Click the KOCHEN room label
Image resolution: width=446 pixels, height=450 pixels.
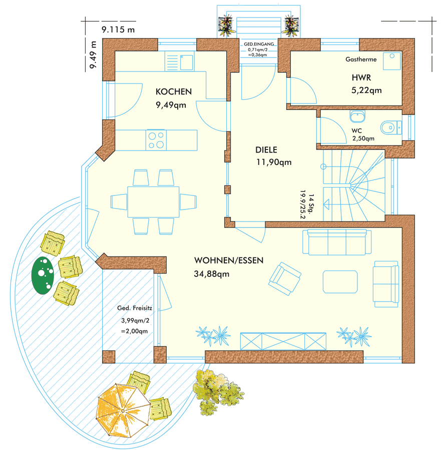pos(174,91)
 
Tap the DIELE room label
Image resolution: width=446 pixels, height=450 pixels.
pos(266,150)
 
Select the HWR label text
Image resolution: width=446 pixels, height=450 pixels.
pos(361,78)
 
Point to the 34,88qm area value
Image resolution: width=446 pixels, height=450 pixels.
pos(212,274)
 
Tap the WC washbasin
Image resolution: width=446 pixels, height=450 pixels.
pos(357,116)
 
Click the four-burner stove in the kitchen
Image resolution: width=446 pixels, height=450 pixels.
pos(156,140)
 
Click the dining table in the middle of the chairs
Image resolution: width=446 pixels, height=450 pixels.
pos(154,202)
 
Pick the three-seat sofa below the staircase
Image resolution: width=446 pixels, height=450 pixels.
pos(337,242)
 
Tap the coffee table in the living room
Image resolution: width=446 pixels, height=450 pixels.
pos(340,282)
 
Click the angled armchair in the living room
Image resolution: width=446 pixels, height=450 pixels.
pos(285,278)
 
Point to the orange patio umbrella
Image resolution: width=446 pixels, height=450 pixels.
pos(123,410)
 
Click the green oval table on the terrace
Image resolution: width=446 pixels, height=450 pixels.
pos(43,275)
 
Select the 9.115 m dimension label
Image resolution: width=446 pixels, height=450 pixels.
pos(118,29)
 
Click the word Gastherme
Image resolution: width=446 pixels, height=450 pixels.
pos(361,59)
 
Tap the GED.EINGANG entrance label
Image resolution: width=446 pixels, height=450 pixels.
pos(259,44)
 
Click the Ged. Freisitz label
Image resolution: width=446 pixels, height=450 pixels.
pos(135,308)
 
